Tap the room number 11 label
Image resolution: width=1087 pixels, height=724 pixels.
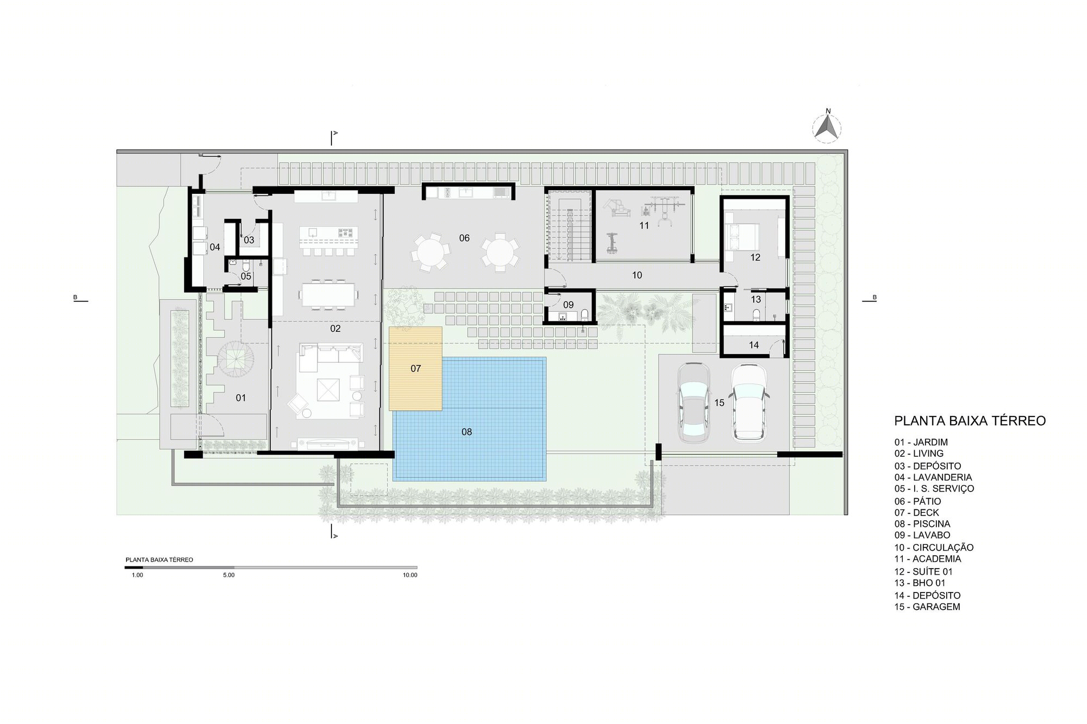[644, 225]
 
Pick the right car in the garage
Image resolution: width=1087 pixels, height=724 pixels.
[748, 402]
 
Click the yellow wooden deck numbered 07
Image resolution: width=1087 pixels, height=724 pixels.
[415, 369]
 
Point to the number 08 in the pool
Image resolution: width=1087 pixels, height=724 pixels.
[466, 432]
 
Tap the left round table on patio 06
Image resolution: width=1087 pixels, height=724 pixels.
[430, 252]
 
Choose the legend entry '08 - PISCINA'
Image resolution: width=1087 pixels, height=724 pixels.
[922, 524]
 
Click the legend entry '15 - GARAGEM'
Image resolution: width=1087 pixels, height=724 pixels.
[927, 607]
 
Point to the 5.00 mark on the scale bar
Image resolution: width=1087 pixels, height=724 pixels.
[229, 575]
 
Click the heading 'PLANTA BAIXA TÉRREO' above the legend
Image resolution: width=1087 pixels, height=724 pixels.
[970, 421]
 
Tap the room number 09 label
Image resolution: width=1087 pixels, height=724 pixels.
[568, 305]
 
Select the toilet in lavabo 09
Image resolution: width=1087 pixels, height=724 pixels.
[584, 315]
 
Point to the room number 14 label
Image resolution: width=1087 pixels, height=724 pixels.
[754, 345]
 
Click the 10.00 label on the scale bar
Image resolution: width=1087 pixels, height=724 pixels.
[410, 575]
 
